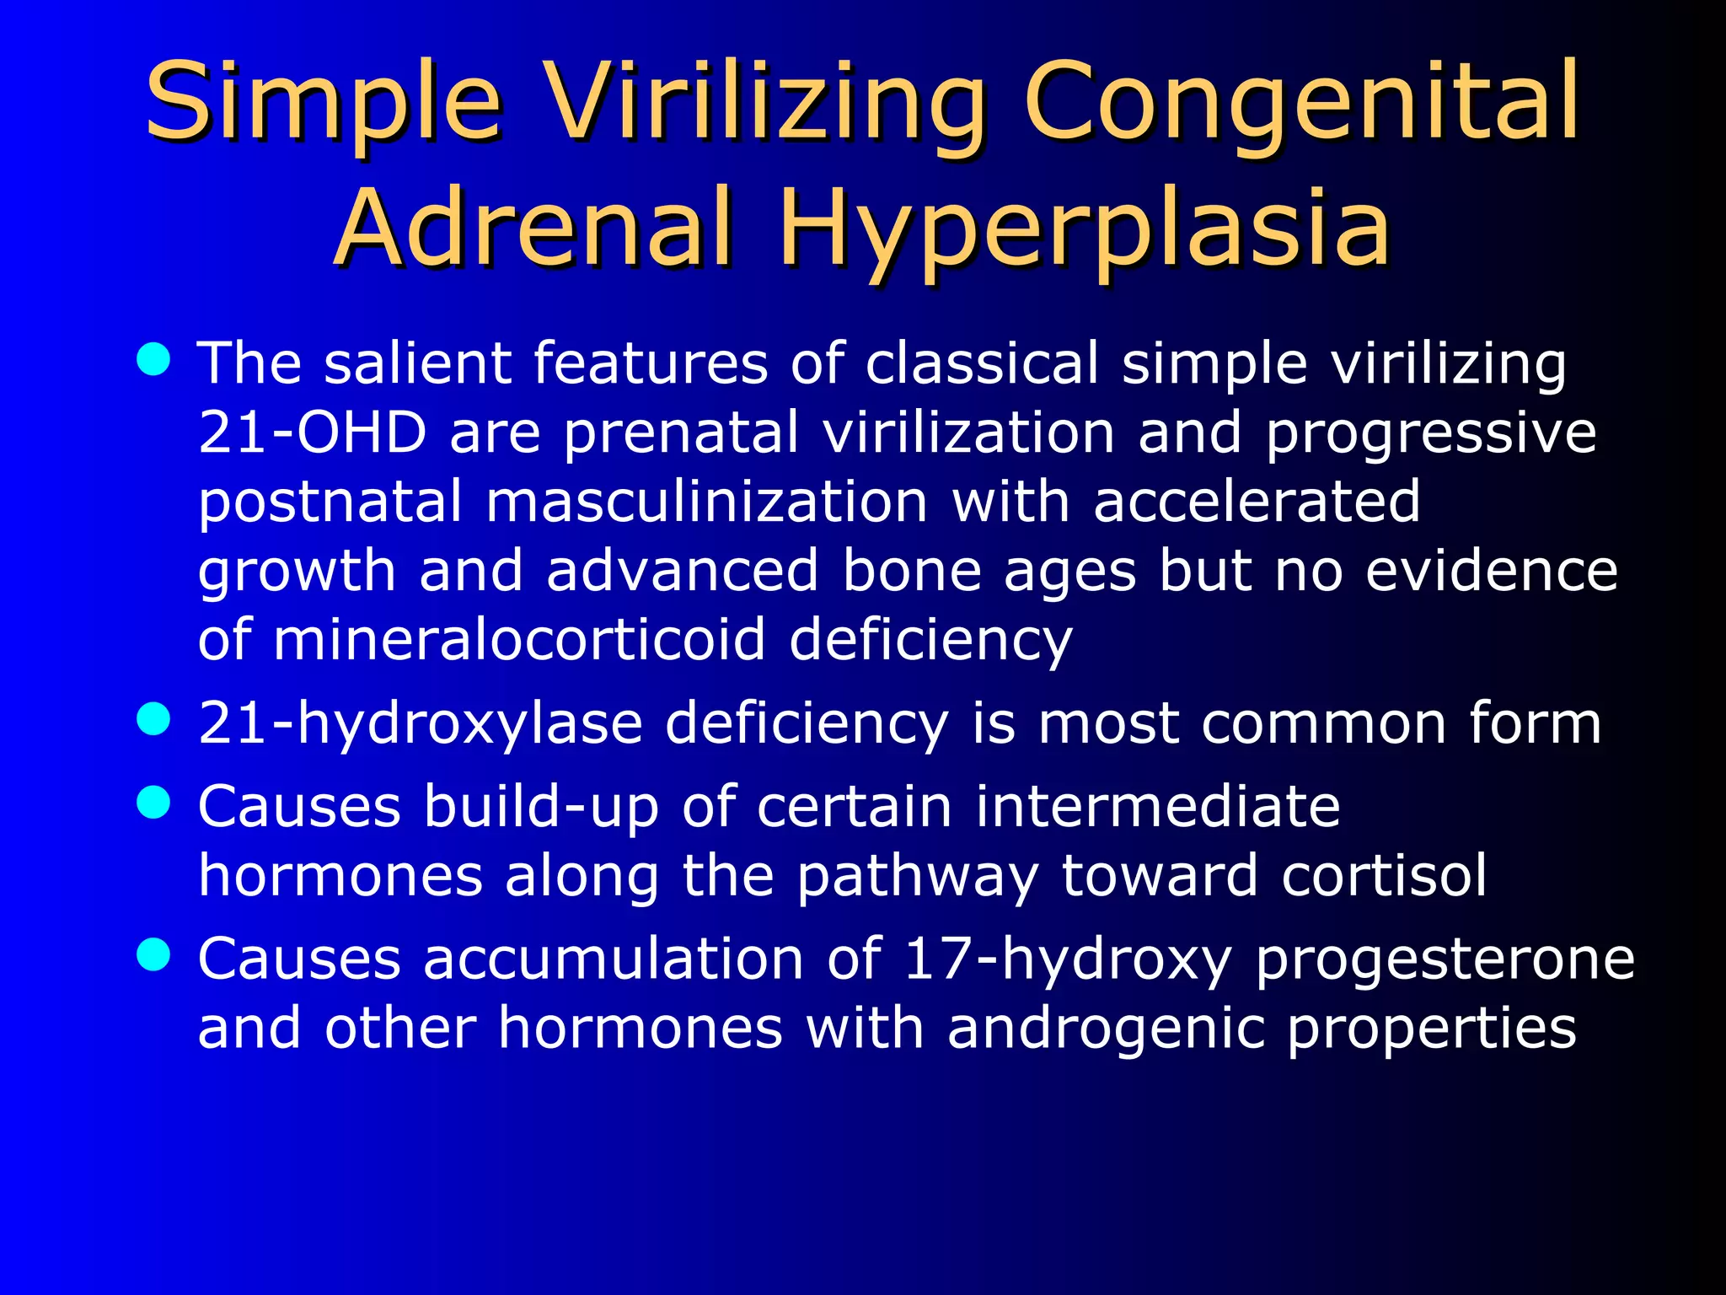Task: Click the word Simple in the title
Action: [x=324, y=103]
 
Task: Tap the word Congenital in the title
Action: [x=1302, y=103]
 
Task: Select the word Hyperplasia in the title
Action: [x=1084, y=229]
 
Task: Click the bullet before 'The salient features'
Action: [x=153, y=360]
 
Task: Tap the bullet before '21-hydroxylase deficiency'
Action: [x=153, y=721]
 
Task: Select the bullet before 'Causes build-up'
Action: [x=153, y=803]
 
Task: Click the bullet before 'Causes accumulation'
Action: [x=153, y=956]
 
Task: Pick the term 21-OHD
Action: [x=313, y=433]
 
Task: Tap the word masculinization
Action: [x=707, y=502]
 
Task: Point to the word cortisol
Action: [x=1384, y=876]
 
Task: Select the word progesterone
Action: [x=1445, y=959]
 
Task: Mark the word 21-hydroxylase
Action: [x=420, y=724]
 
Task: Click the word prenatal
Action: [x=681, y=433]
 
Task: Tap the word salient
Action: [x=417, y=363]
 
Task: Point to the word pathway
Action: [x=917, y=878]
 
